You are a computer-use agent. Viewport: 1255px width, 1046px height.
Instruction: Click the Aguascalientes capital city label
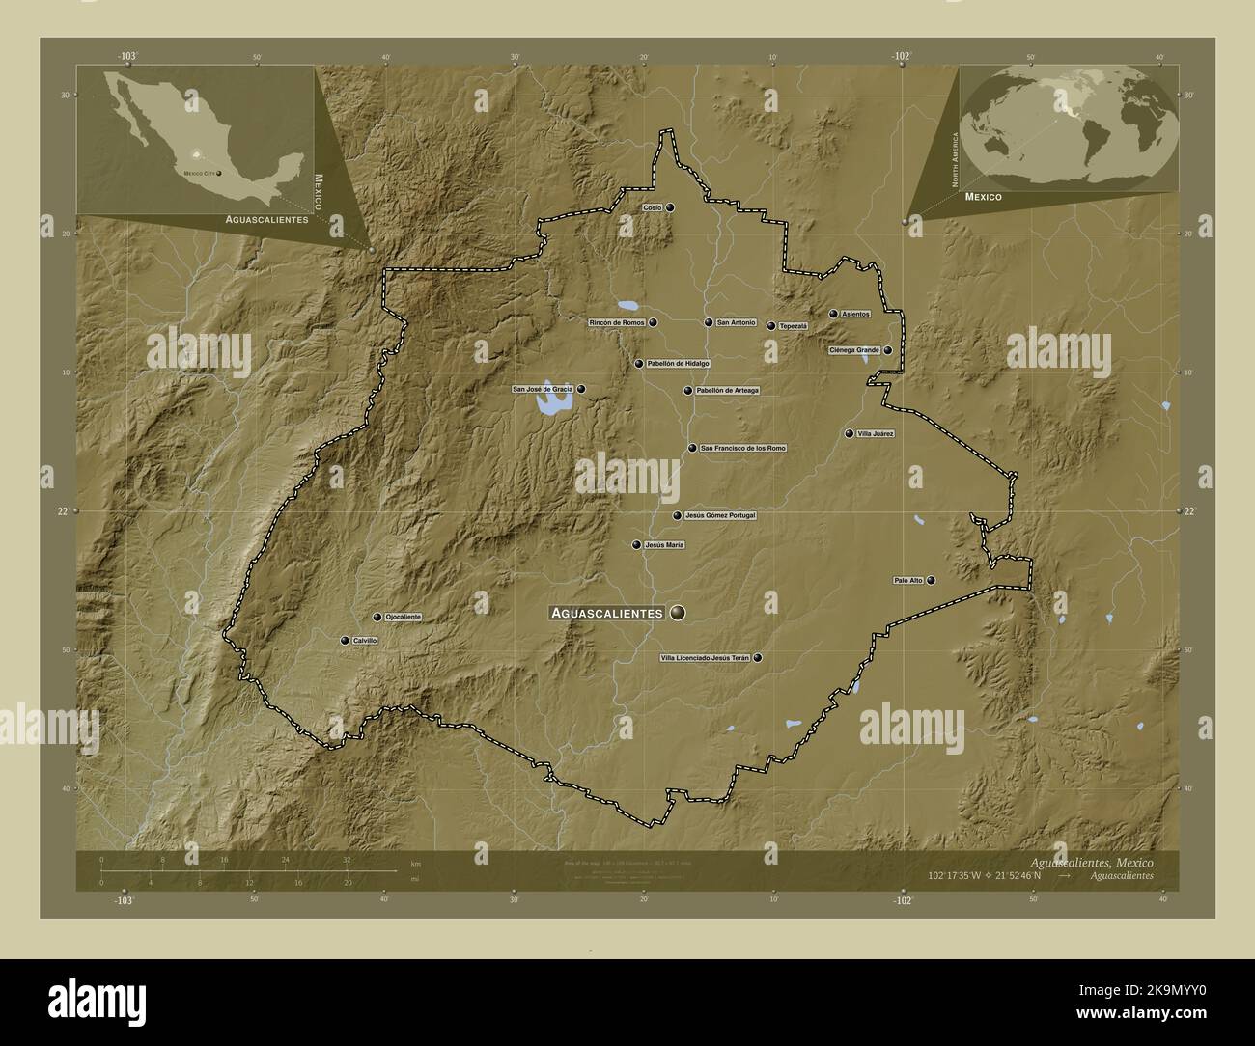605,613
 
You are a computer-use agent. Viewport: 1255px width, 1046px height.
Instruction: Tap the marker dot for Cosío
669,207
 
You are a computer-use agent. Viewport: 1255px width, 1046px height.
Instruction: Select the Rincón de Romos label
617,322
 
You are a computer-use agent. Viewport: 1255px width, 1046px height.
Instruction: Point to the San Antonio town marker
709,322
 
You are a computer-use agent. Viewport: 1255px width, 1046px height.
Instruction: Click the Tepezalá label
793,326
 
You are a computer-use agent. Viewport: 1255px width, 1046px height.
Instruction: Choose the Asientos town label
855,314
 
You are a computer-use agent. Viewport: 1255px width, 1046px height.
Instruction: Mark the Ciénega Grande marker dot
887,350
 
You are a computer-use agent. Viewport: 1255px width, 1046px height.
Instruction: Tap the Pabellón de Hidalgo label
678,364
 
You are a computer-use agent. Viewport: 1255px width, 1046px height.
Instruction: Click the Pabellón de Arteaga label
727,391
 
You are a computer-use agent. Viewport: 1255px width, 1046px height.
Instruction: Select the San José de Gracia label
543,389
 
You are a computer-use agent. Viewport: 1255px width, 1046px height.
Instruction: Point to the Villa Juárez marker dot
850,434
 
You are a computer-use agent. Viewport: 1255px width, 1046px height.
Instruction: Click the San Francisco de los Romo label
742,448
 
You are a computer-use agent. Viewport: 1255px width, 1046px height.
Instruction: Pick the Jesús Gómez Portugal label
719,515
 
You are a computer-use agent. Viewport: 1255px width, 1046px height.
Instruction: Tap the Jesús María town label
663,545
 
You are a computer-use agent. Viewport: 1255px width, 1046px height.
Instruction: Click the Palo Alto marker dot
931,580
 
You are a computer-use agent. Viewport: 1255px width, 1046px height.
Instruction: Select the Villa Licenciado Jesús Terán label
704,658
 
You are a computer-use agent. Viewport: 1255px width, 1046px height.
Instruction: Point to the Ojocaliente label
403,617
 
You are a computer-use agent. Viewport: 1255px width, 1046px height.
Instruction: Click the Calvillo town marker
345,640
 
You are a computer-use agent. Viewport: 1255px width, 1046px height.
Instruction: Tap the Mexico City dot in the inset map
219,173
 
